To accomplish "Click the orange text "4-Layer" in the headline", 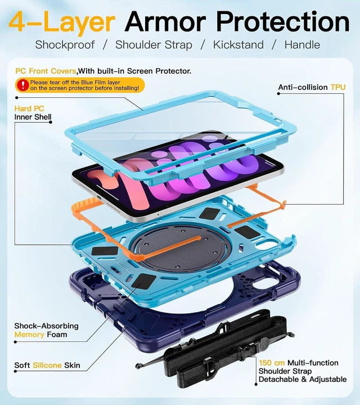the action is tap(62, 22).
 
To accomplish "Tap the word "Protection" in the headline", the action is tap(283, 21).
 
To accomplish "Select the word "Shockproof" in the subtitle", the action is tap(65, 45).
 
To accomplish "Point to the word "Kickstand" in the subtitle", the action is tap(238, 44).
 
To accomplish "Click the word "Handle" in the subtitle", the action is tap(302, 44).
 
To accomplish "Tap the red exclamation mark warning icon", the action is tap(22, 85).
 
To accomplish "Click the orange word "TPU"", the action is tap(338, 87).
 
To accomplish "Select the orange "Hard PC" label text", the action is tap(29, 109).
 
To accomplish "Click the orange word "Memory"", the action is tap(29, 335).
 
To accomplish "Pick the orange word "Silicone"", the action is tap(47, 365).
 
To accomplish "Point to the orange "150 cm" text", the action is tap(272, 363).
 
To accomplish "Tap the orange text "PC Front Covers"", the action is tap(46, 71).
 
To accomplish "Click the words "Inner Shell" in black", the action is tap(33, 117).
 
